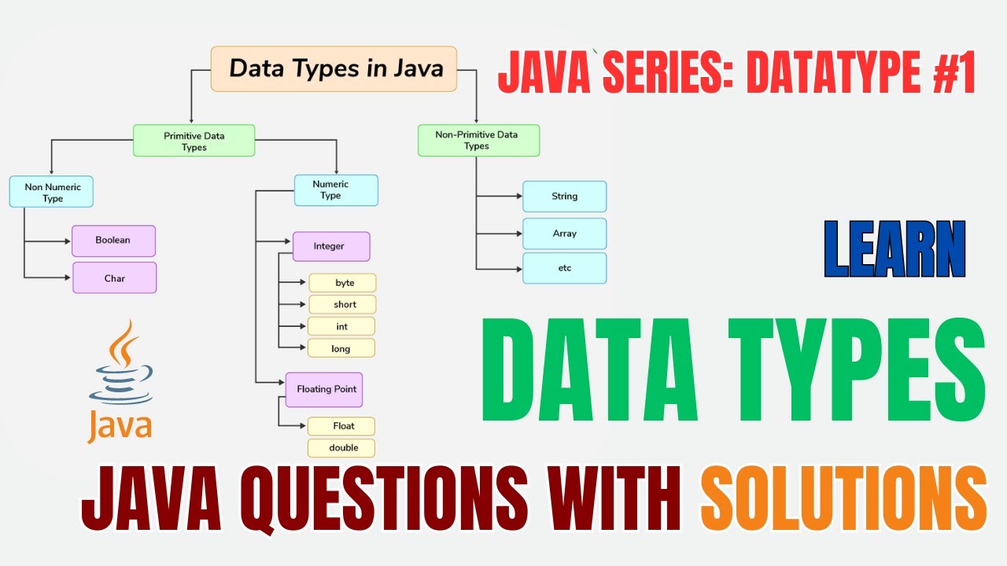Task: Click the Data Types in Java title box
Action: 334,68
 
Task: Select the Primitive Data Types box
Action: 194,141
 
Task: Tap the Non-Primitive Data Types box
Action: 478,141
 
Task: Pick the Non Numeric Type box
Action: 51,192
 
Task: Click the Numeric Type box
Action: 336,190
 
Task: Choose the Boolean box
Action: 113,241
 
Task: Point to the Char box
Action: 114,277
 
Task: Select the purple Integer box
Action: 330,246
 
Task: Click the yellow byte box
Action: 343,283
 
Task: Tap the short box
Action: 343,304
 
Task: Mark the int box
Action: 342,326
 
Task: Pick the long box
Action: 341,348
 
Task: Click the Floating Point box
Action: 324,389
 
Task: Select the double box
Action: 342,448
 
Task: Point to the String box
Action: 564,197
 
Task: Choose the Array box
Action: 564,233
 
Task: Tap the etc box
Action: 564,268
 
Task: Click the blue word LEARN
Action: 894,249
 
